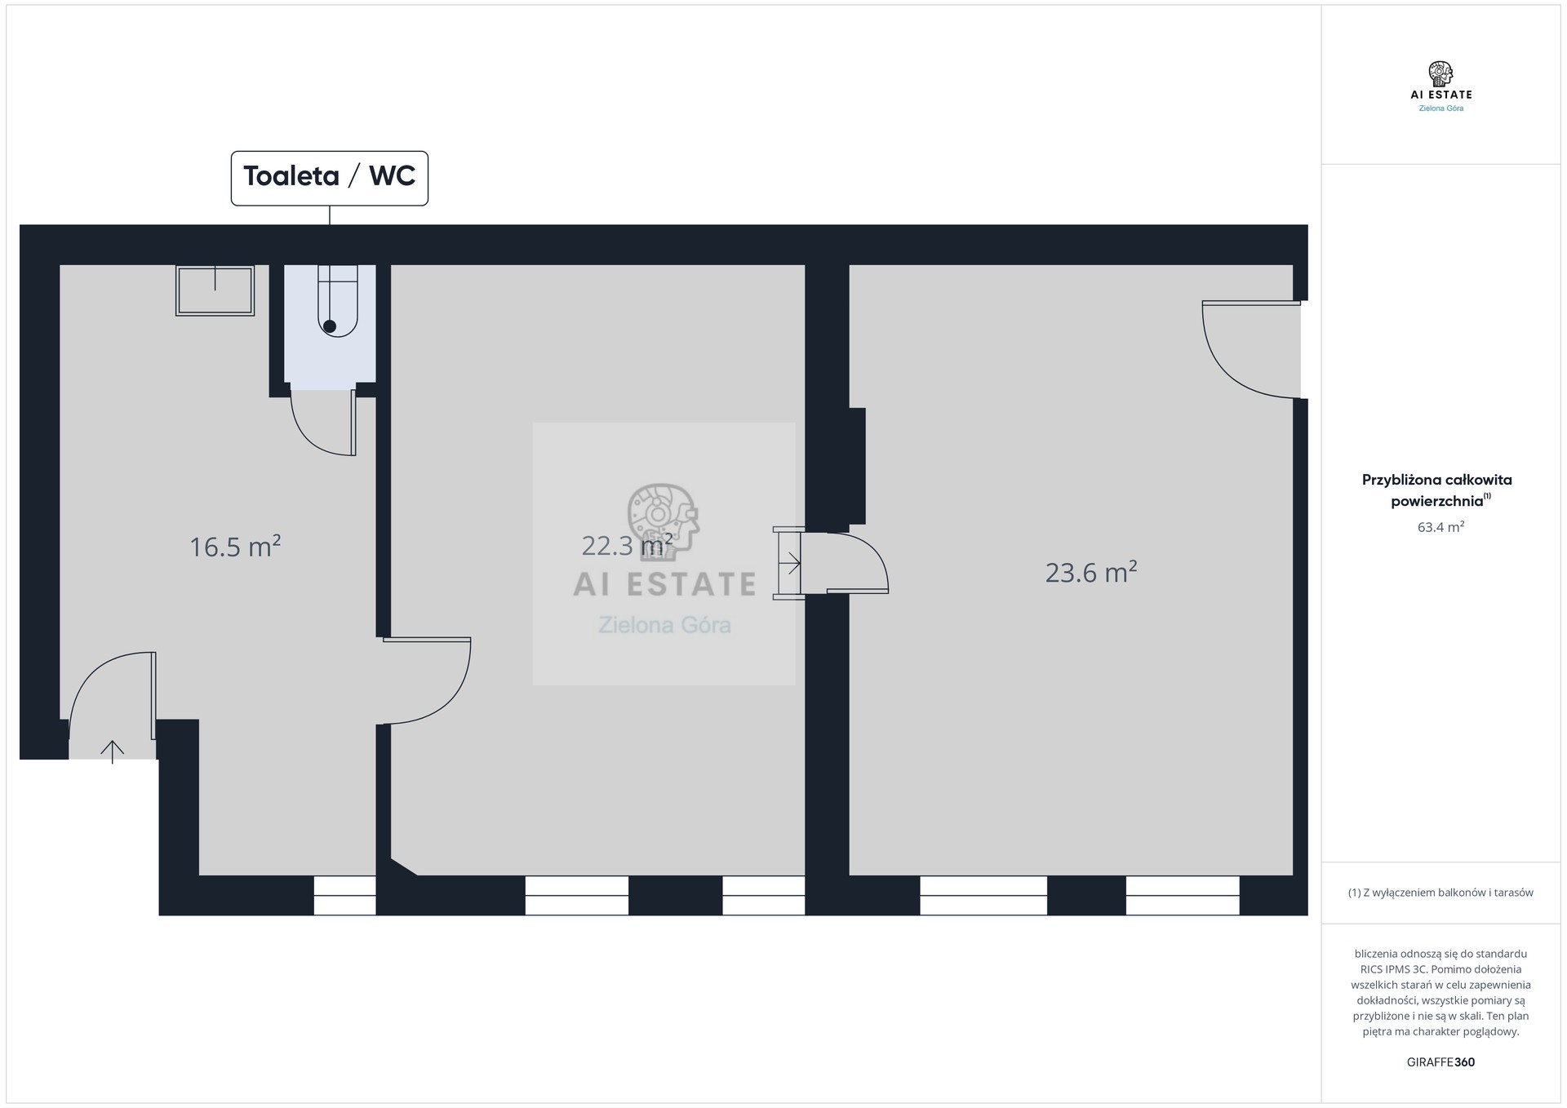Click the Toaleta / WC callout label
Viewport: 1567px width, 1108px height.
pyautogui.click(x=329, y=177)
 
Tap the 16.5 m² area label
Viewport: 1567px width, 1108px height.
pyautogui.click(x=235, y=546)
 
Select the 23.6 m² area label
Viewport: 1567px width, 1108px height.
pyautogui.click(x=1091, y=572)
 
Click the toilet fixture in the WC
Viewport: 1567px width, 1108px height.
pyautogui.click(x=337, y=300)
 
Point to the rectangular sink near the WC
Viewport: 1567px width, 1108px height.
pyautogui.click(x=215, y=290)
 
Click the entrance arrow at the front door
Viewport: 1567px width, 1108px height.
pyautogui.click(x=113, y=751)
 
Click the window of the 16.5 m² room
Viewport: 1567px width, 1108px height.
pyautogui.click(x=344, y=895)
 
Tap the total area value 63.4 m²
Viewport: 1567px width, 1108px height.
pyautogui.click(x=1440, y=527)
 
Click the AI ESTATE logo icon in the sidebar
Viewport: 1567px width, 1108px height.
pyautogui.click(x=1440, y=73)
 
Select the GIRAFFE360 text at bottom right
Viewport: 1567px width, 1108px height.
pyautogui.click(x=1440, y=1062)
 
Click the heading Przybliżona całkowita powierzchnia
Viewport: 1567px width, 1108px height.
pyautogui.click(x=1437, y=490)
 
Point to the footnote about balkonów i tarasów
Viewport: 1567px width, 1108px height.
pyautogui.click(x=1440, y=893)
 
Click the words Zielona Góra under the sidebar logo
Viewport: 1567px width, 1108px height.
pyautogui.click(x=1440, y=108)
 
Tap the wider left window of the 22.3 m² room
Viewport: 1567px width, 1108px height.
pyautogui.click(x=577, y=895)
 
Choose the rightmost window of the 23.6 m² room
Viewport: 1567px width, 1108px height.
pyautogui.click(x=1183, y=895)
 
